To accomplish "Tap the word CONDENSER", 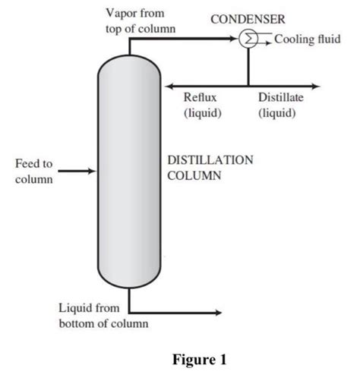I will click(242, 19).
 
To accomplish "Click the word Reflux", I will click(201, 98).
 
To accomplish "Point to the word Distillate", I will click(281, 98).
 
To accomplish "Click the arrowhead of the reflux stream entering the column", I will click(169, 85).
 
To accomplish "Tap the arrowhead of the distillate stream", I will click(315, 85).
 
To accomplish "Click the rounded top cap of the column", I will click(129, 66).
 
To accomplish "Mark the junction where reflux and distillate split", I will click(248, 85).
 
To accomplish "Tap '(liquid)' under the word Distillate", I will click(276, 113).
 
